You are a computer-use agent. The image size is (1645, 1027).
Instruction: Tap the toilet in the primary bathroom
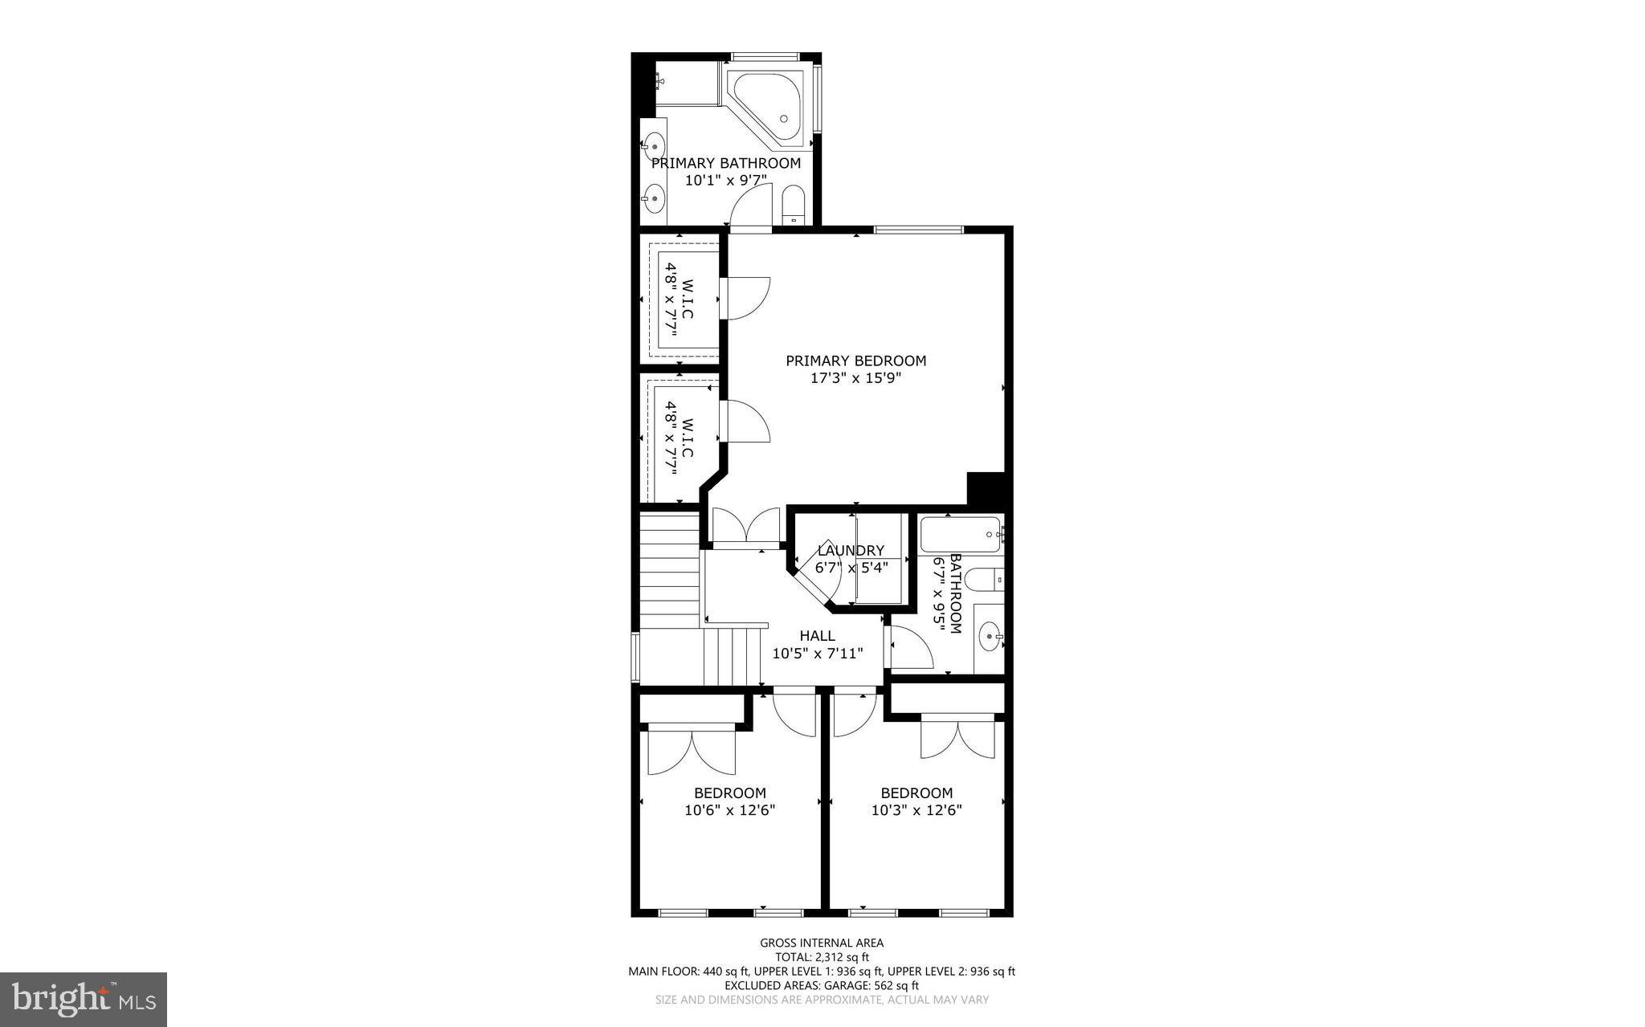(793, 206)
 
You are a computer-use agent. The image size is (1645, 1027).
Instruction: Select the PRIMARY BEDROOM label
(855, 361)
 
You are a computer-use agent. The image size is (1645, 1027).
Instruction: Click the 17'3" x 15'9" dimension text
(855, 378)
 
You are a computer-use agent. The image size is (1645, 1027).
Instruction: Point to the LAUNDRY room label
(851, 551)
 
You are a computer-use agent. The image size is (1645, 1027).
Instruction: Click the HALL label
(817, 636)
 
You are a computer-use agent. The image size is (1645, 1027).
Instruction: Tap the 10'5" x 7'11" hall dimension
(817, 654)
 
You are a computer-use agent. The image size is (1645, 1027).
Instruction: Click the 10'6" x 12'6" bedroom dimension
(729, 811)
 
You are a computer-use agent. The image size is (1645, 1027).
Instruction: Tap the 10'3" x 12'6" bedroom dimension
(916, 811)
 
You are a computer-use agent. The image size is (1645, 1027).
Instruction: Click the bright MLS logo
(84, 999)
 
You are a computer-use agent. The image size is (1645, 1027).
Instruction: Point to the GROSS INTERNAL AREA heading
(822, 943)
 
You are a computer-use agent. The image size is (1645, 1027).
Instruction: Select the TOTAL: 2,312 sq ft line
(822, 957)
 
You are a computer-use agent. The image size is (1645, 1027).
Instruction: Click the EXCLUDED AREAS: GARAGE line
(822, 985)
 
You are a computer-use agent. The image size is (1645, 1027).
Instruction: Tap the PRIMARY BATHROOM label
(726, 164)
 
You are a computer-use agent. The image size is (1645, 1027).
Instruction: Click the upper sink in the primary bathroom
(655, 147)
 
